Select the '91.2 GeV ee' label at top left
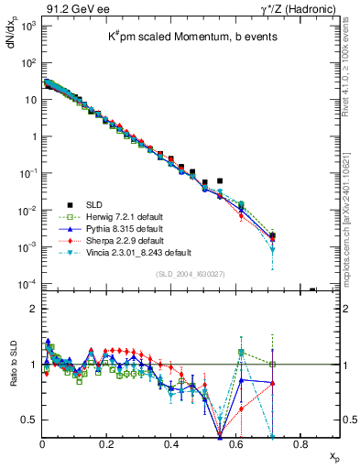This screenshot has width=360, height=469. click(74, 8)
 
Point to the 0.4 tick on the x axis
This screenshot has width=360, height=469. click(171, 443)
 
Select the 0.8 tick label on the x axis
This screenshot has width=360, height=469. click(300, 443)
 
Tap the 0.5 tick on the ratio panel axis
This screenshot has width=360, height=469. click(30, 420)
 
